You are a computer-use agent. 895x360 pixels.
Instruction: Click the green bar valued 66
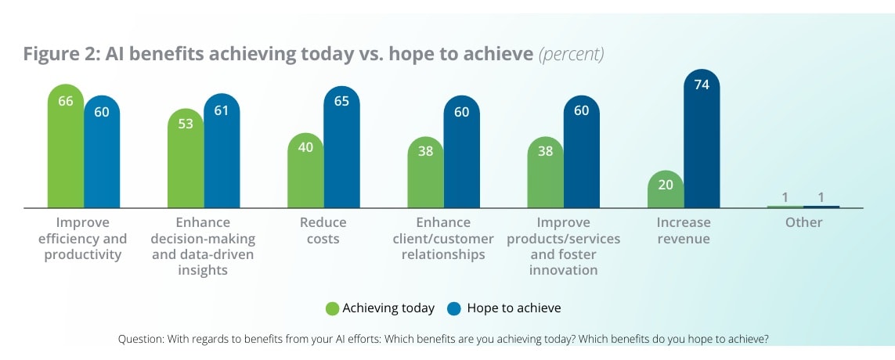66,149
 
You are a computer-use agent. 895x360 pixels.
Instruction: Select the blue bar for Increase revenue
702,141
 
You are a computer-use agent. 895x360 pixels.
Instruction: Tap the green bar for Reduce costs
305,172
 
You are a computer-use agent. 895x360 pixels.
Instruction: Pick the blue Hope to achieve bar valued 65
341,149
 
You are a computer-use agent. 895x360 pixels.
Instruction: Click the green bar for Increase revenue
666,189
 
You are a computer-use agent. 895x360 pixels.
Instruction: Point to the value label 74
702,85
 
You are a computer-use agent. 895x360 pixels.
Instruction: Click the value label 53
186,124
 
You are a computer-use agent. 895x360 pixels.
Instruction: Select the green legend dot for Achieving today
333,308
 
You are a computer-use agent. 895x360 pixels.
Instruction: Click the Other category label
803,222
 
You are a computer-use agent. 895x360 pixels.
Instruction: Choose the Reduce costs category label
323,230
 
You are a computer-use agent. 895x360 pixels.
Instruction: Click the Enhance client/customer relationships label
443,238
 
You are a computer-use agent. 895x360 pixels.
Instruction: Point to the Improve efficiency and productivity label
83,238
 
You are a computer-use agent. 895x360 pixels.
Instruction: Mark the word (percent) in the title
571,55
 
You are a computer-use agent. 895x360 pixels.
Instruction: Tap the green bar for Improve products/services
545,174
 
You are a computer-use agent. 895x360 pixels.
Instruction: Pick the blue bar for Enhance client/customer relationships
462,153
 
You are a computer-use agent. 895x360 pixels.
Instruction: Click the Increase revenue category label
684,230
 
